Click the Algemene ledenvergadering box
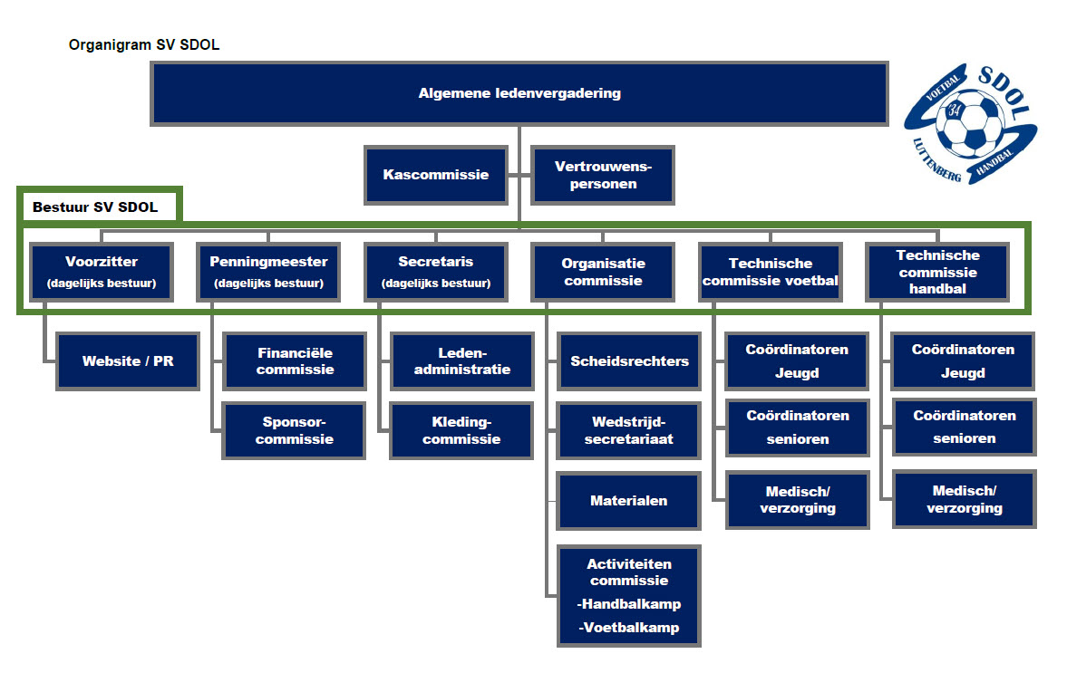519,93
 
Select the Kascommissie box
435,175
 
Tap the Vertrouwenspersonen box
602,175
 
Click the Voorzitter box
102,272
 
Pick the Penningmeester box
268,272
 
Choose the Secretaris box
435,272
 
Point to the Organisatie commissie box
602,272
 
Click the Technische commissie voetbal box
770,272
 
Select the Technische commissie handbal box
936,272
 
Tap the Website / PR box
128,361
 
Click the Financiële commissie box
295,361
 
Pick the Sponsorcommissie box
295,430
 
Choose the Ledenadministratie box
461,361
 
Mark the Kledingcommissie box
461,430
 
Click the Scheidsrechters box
629,361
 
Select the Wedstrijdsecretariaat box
629,430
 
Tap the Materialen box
629,500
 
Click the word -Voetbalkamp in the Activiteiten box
628,628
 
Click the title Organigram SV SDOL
143,44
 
